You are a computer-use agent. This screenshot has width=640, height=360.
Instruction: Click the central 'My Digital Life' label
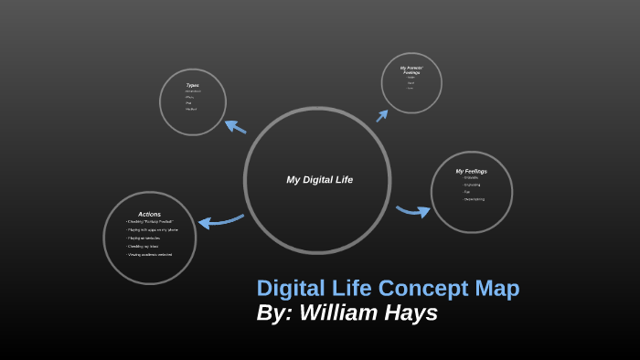[x=319, y=180]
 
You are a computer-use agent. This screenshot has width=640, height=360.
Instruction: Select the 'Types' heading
[x=192, y=85]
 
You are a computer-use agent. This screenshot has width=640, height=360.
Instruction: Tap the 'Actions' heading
[x=149, y=214]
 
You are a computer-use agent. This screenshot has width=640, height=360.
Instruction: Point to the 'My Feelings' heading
[x=471, y=171]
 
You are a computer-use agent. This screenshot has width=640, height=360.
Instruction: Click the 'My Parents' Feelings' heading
[x=411, y=70]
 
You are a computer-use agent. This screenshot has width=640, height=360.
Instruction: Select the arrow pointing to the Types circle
[x=235, y=127]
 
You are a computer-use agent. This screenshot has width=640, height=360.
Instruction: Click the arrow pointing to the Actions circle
[x=220, y=220]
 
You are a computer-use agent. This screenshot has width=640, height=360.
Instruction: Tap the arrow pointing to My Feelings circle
[x=413, y=211]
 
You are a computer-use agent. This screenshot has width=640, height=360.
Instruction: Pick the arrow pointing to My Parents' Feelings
[x=382, y=115]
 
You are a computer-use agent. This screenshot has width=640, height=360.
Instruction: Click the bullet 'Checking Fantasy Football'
[x=150, y=222]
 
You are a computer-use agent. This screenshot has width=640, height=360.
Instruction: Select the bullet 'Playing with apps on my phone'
[x=153, y=230]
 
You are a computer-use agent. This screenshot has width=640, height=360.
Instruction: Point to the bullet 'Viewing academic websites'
[x=150, y=254]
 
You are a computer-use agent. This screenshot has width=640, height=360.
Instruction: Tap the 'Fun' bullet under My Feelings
[x=467, y=191]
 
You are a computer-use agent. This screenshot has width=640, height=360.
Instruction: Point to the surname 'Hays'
[x=411, y=312]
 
